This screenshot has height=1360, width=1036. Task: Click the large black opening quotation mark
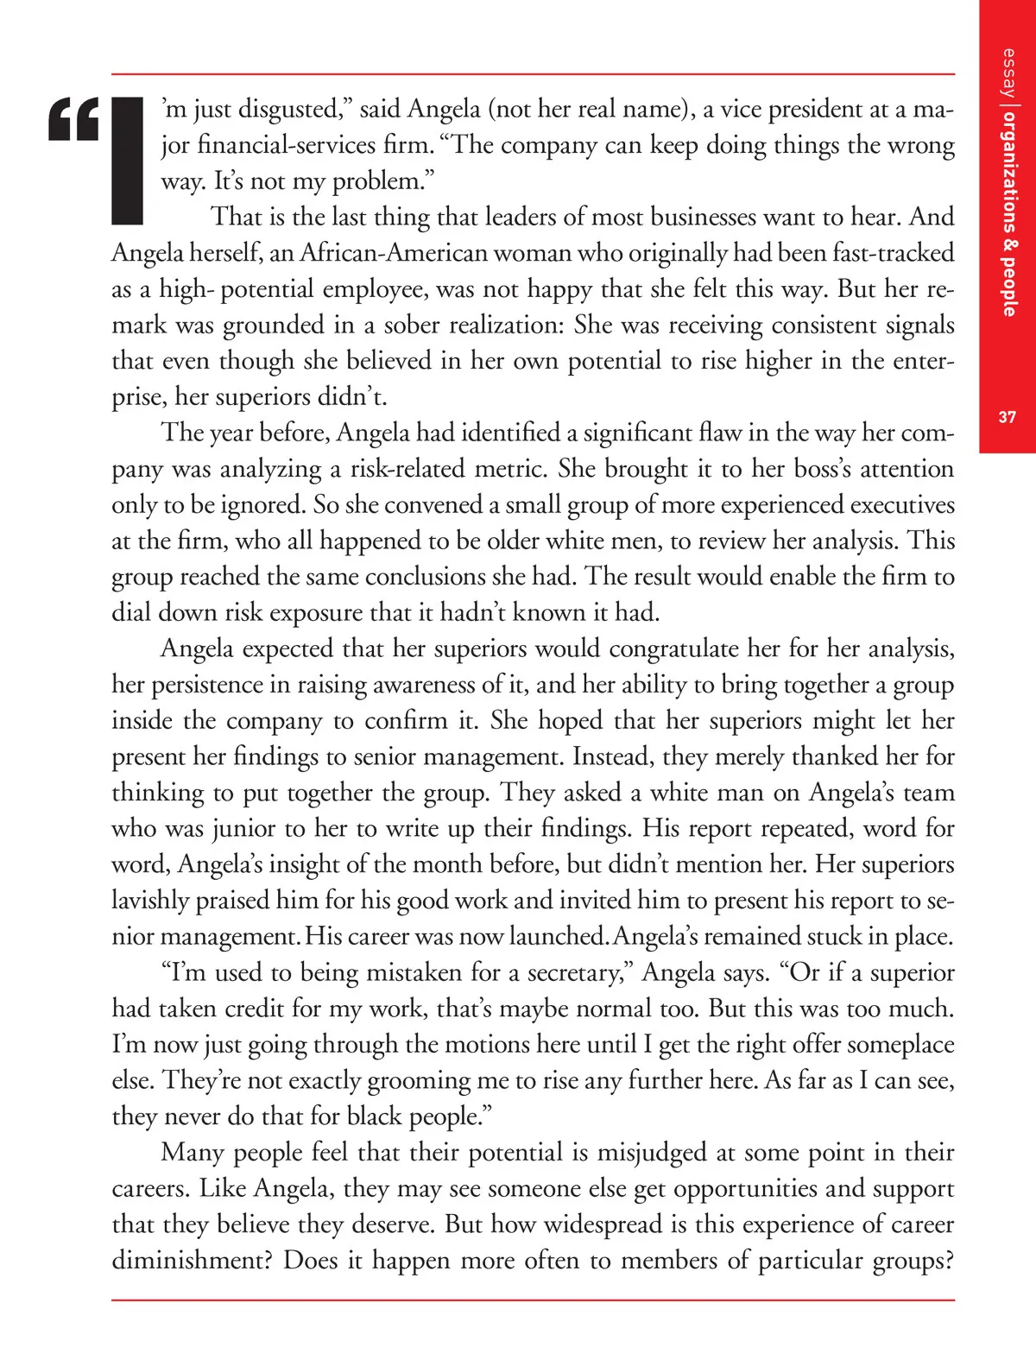click(x=74, y=120)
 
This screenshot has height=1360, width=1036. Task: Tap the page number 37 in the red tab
click(x=1008, y=417)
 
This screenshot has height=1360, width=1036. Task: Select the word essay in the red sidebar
click(x=1008, y=73)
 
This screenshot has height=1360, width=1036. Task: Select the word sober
click(x=416, y=325)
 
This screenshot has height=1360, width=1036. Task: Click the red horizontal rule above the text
click(x=533, y=74)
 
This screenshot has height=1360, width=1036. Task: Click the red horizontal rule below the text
click(x=533, y=1300)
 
